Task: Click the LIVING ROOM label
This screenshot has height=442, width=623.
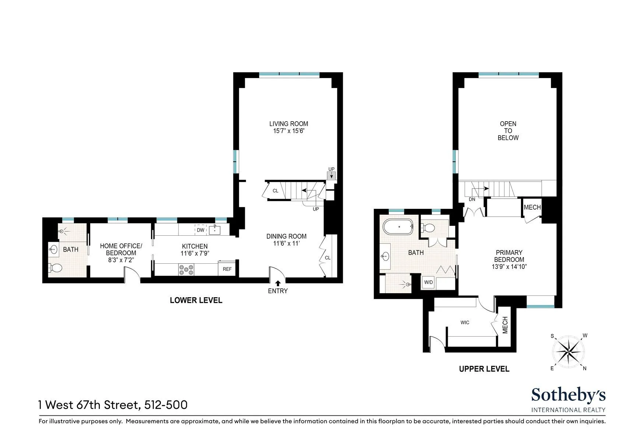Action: click(x=288, y=124)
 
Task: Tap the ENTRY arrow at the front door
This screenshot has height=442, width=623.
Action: click(x=278, y=283)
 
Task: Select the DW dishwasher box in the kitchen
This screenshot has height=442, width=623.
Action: click(x=200, y=230)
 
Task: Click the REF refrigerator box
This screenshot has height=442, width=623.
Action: click(x=227, y=269)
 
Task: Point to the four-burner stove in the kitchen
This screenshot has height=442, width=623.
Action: click(x=186, y=270)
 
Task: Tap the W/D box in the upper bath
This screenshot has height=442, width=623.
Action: click(x=429, y=283)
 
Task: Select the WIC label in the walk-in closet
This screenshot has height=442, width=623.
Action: click(x=465, y=323)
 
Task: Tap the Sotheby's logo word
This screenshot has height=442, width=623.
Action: click(x=568, y=396)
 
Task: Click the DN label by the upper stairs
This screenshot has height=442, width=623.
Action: click(x=472, y=199)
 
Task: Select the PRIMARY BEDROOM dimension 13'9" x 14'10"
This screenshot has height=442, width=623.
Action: click(x=509, y=267)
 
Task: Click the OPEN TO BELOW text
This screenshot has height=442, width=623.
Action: click(x=508, y=131)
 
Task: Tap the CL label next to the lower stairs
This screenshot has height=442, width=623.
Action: click(x=275, y=191)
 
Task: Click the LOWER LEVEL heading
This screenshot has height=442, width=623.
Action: click(x=196, y=300)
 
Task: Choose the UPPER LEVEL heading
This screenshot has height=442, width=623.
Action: click(x=484, y=369)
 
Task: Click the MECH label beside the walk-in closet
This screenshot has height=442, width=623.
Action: click(x=505, y=325)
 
